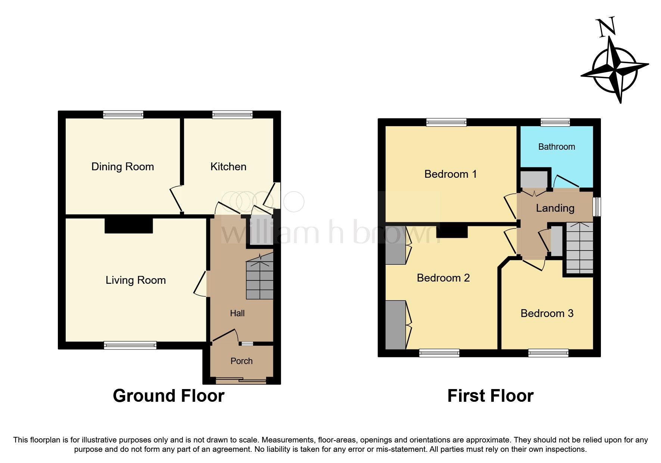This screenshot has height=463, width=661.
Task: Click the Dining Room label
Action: point(122,167)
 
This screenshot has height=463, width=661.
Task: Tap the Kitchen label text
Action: point(228,167)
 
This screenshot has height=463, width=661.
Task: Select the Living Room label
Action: point(135,280)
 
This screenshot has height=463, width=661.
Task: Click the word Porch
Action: point(241,361)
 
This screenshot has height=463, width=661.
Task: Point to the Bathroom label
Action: point(556,147)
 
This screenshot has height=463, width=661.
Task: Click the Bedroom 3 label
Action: point(546,313)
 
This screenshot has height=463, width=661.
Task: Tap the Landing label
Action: point(555,208)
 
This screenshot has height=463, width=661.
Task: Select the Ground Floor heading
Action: point(168,396)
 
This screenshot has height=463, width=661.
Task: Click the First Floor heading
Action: point(490,396)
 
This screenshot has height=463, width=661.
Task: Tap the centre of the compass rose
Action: point(615,69)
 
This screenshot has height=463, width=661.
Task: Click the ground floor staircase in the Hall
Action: point(260,278)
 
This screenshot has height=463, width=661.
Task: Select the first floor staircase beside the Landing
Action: point(579,248)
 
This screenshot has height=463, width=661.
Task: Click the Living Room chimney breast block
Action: point(128,225)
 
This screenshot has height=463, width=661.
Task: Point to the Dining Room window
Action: point(123,115)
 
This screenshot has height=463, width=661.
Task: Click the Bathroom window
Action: point(555,122)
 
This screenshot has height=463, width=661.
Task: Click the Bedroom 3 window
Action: point(548,353)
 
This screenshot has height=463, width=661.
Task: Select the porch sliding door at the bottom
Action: point(241,380)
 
